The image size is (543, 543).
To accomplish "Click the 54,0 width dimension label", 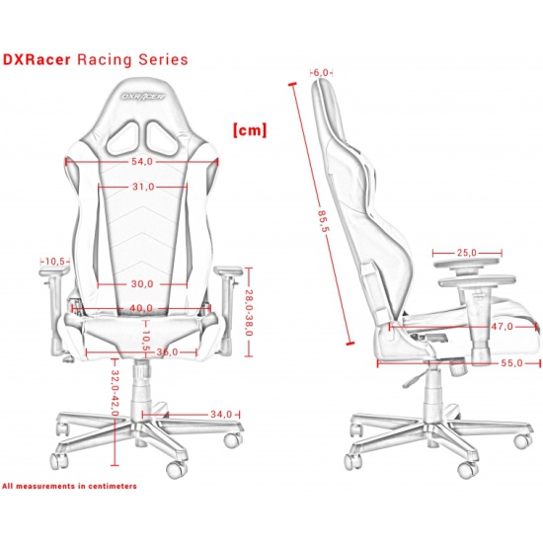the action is point(142,162).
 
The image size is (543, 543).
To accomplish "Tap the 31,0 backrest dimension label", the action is point(143,187).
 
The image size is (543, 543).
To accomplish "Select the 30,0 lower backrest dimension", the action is point(142,284).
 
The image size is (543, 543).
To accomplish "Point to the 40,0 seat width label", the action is point(141,308).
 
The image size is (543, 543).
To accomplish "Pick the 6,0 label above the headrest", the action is point(321,73).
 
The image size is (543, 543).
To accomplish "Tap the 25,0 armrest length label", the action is point(466,253).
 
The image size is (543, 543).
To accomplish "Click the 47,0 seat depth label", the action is point(503,326).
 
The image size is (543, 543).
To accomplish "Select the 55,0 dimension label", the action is point(511,363).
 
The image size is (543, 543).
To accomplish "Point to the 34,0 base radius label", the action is point(221,415).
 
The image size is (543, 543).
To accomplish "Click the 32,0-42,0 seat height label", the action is point(116,393).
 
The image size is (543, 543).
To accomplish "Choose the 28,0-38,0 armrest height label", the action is point(249,313).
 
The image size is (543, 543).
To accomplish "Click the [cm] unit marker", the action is point(250,130).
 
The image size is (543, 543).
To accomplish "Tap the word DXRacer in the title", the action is point(37,59).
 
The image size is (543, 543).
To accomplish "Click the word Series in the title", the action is point(164,59).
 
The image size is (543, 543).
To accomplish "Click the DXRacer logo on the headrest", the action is point(143,96).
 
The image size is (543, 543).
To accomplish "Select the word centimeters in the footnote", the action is point(113,486).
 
